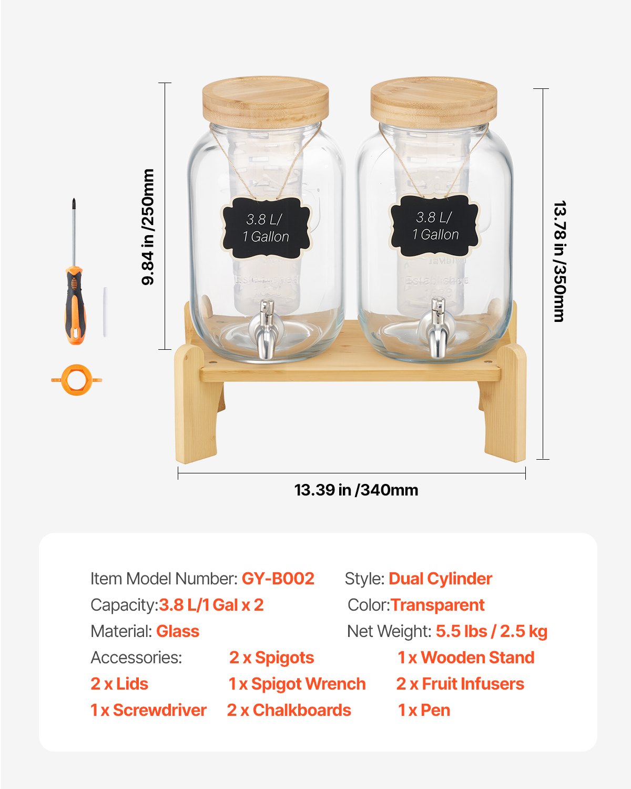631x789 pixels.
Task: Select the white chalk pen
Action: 105,312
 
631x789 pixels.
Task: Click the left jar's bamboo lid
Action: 266,103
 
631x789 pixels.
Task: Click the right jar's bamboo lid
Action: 433,103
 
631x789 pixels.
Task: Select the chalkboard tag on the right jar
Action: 435,226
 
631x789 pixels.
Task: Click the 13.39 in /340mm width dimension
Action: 356,490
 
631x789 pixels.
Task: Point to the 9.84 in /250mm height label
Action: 148,227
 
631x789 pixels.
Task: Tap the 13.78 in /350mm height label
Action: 559,261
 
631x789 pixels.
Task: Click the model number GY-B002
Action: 278,579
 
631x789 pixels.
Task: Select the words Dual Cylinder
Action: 440,579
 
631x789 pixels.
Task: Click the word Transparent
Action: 437,605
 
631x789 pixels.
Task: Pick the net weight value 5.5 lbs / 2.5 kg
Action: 491,631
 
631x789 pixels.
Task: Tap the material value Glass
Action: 178,631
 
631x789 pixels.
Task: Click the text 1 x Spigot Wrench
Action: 297,684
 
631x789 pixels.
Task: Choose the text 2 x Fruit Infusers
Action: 460,684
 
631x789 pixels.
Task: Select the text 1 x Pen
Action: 424,710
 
